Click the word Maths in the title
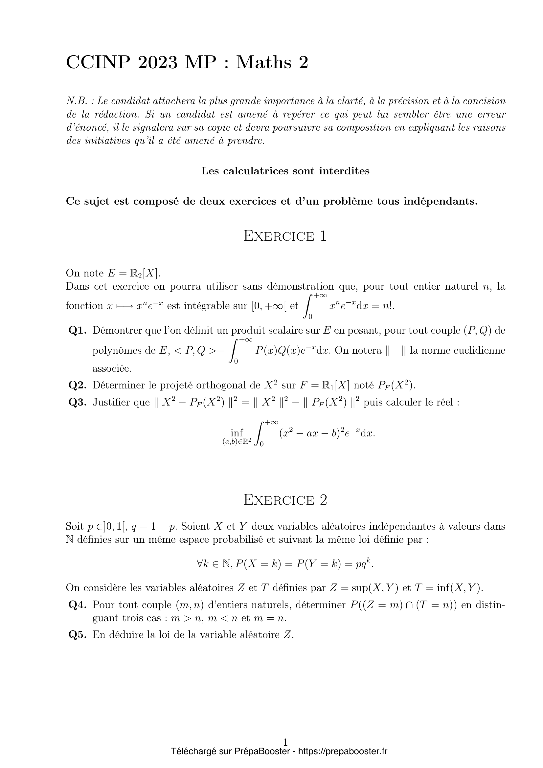264,62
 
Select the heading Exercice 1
285,236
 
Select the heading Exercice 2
285,500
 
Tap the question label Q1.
78,331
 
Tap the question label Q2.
78,385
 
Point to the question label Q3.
78,402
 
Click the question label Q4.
78,605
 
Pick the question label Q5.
78,635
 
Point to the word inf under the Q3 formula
237,433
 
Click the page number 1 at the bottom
285,743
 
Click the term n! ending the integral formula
389,306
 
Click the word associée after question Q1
112,369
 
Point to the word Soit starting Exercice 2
75,526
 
